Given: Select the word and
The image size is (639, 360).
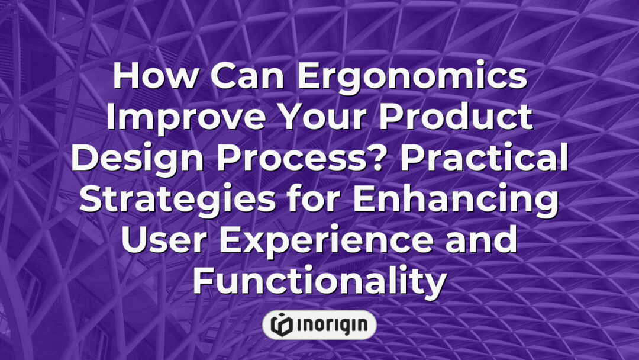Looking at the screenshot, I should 479,241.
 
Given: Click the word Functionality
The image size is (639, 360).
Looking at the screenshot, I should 319,282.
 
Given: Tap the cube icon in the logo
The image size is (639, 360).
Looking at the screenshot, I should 281,324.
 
